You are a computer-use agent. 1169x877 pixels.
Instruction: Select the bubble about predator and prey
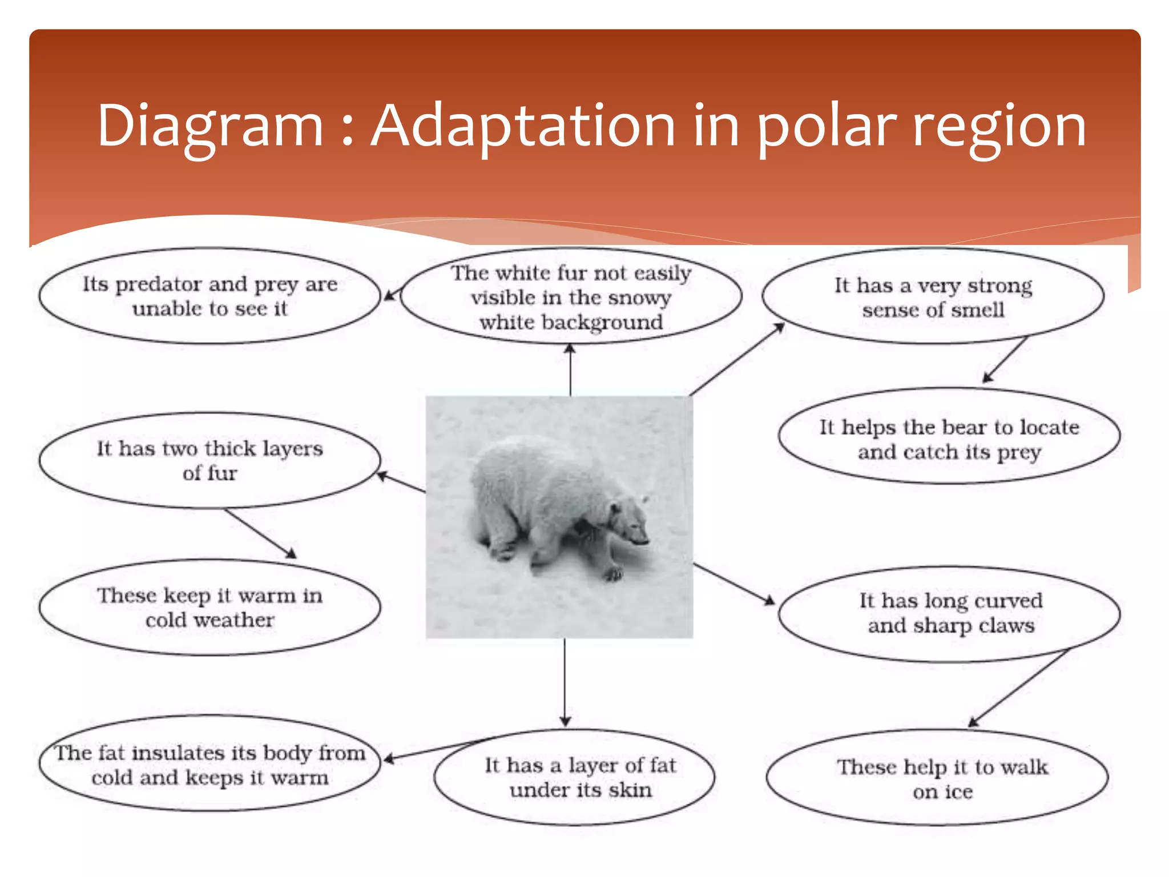209,296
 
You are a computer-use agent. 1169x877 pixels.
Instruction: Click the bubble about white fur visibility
571,297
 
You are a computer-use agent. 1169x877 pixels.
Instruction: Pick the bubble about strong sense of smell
933,297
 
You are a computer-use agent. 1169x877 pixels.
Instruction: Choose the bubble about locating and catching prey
949,438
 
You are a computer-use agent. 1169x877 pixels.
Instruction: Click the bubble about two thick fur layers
209,460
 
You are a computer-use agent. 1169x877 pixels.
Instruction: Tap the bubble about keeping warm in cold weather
209,607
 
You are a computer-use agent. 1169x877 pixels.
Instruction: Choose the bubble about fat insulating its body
209,765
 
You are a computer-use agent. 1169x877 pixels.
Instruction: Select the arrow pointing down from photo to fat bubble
565,682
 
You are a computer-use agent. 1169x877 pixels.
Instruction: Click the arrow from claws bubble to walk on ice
1019,688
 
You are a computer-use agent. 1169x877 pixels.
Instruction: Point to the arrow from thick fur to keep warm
260,533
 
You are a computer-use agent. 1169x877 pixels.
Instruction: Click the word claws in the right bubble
1006,625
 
